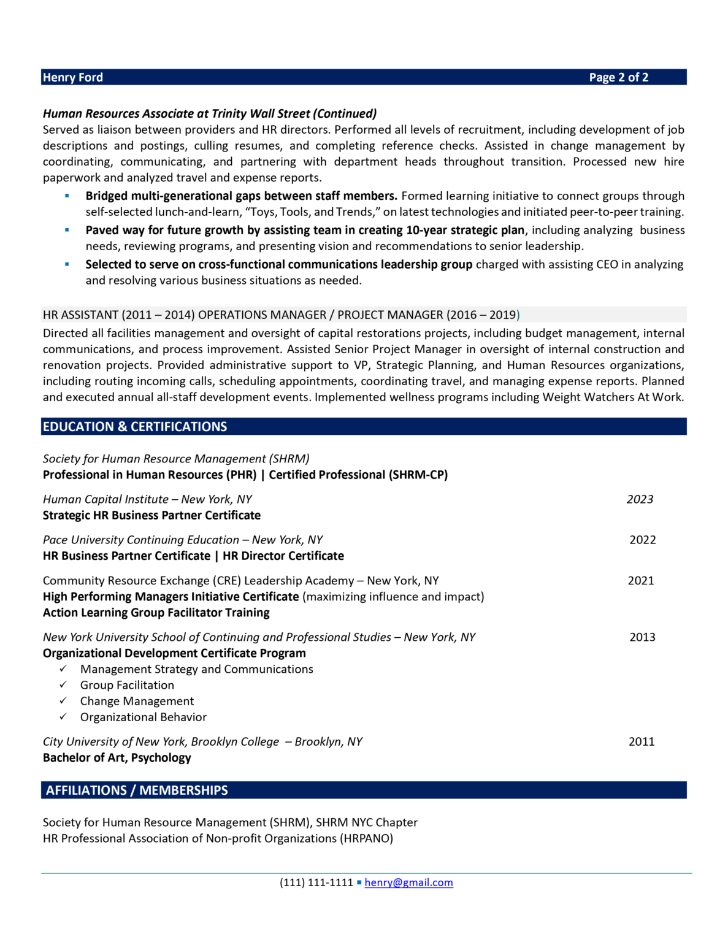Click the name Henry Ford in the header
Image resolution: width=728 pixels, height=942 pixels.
[73, 77]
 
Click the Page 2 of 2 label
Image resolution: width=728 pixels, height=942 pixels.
[618, 77]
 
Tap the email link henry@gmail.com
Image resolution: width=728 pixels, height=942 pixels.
[408, 883]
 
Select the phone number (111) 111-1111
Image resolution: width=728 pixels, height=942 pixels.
[316, 883]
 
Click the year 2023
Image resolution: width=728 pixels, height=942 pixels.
[640, 499]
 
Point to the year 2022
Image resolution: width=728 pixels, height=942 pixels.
[642, 540]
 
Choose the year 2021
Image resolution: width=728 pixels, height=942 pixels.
[640, 580]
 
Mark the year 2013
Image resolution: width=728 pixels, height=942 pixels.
[642, 637]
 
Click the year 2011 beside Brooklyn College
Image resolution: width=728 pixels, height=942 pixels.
[642, 741]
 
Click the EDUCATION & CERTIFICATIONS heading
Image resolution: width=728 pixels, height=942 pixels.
[135, 427]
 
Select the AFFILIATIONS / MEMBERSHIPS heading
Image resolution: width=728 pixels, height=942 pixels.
[137, 791]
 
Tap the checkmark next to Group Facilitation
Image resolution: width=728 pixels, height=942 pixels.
[63, 684]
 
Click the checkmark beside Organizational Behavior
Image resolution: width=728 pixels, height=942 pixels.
[63, 716]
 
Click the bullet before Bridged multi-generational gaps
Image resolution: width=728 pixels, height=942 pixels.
[67, 196]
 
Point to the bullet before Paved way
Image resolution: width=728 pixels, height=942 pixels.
[67, 230]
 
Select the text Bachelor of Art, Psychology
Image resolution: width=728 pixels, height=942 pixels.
[117, 757]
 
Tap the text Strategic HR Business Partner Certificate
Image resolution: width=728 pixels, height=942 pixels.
[151, 515]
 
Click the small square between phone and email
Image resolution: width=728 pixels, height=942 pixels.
[359, 883]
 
